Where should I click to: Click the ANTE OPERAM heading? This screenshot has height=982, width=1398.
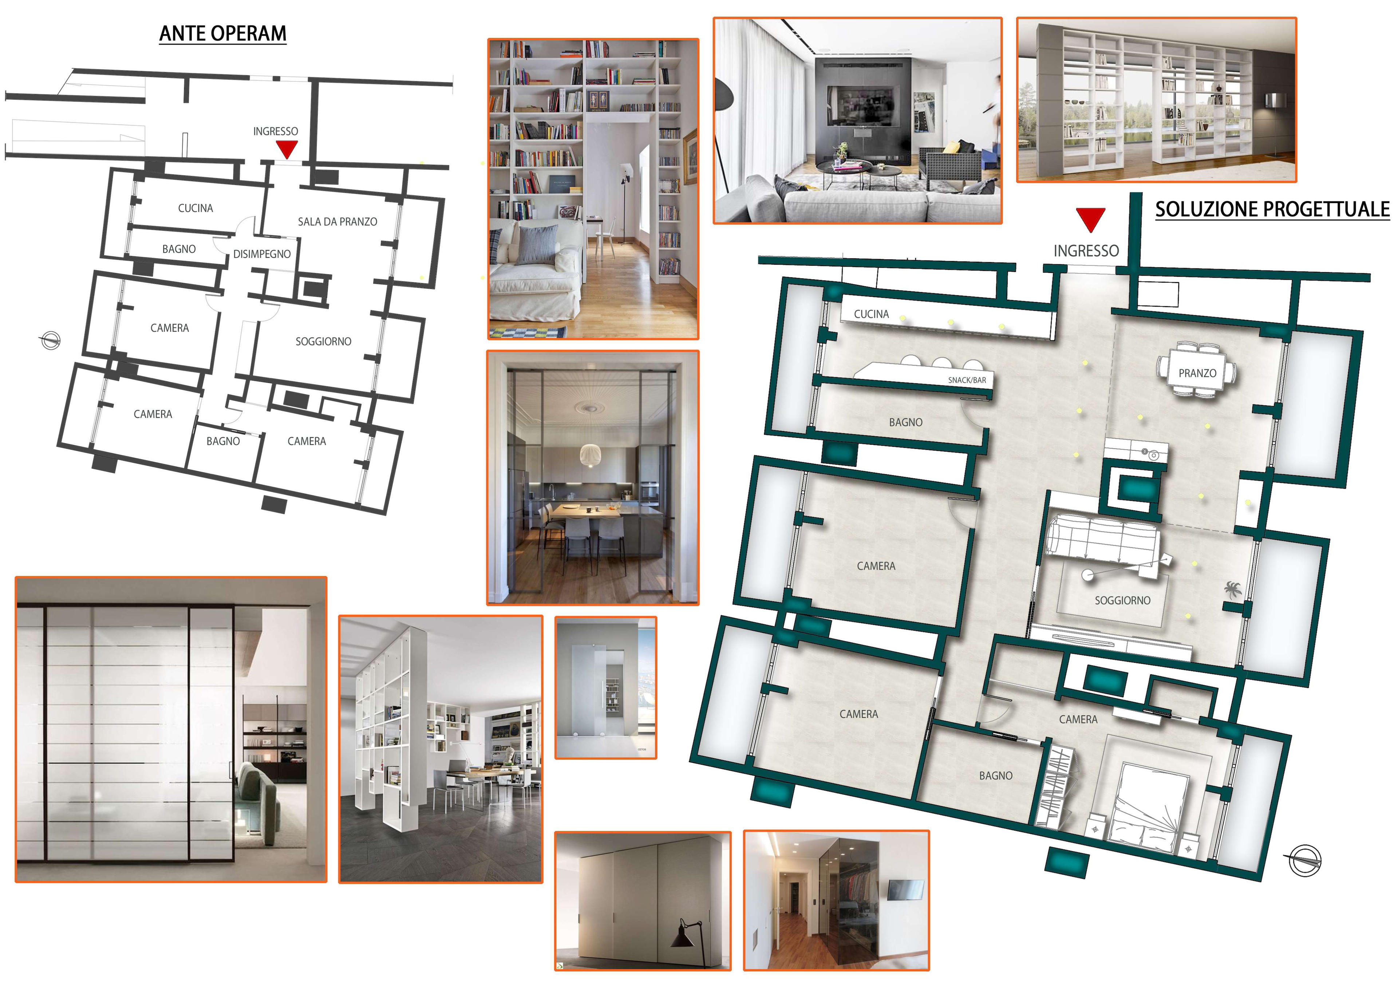point(223,33)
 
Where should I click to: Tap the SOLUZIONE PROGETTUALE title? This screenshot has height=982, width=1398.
point(1272,209)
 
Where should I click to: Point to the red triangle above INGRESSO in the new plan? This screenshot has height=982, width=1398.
point(1090,219)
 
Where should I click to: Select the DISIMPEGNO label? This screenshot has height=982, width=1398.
point(262,254)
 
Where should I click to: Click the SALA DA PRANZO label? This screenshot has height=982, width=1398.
point(337,222)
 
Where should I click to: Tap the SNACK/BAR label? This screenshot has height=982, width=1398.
point(967,380)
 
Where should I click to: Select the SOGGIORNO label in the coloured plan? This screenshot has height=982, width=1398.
point(1122,600)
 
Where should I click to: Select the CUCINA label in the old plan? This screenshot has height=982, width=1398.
point(196,208)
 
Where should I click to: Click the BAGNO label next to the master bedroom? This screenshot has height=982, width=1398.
point(995,776)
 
